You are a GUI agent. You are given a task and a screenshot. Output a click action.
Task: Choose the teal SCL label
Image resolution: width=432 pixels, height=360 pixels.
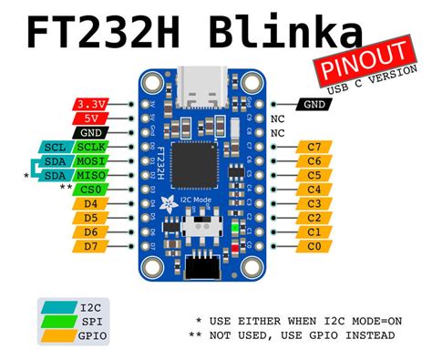pos(53,147)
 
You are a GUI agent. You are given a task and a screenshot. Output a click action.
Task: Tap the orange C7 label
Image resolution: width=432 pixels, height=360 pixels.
pos(314,147)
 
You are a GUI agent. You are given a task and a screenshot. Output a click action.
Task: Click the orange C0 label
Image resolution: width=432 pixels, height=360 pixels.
pos(314,245)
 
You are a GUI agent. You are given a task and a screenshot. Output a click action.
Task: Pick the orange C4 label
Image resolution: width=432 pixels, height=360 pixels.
pos(314,189)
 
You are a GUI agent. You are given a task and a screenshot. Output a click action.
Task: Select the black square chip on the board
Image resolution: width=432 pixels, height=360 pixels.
pos(191,161)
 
